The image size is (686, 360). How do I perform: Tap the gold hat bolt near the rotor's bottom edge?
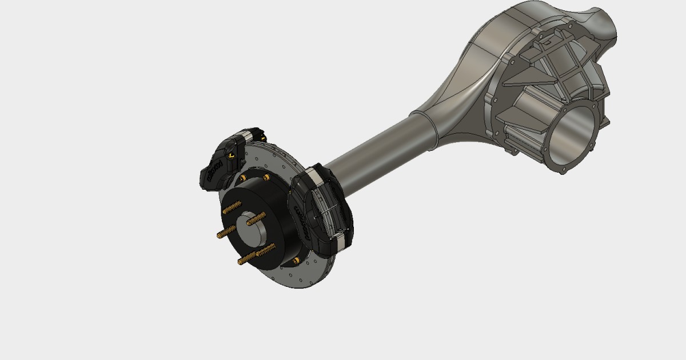[295, 261]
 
